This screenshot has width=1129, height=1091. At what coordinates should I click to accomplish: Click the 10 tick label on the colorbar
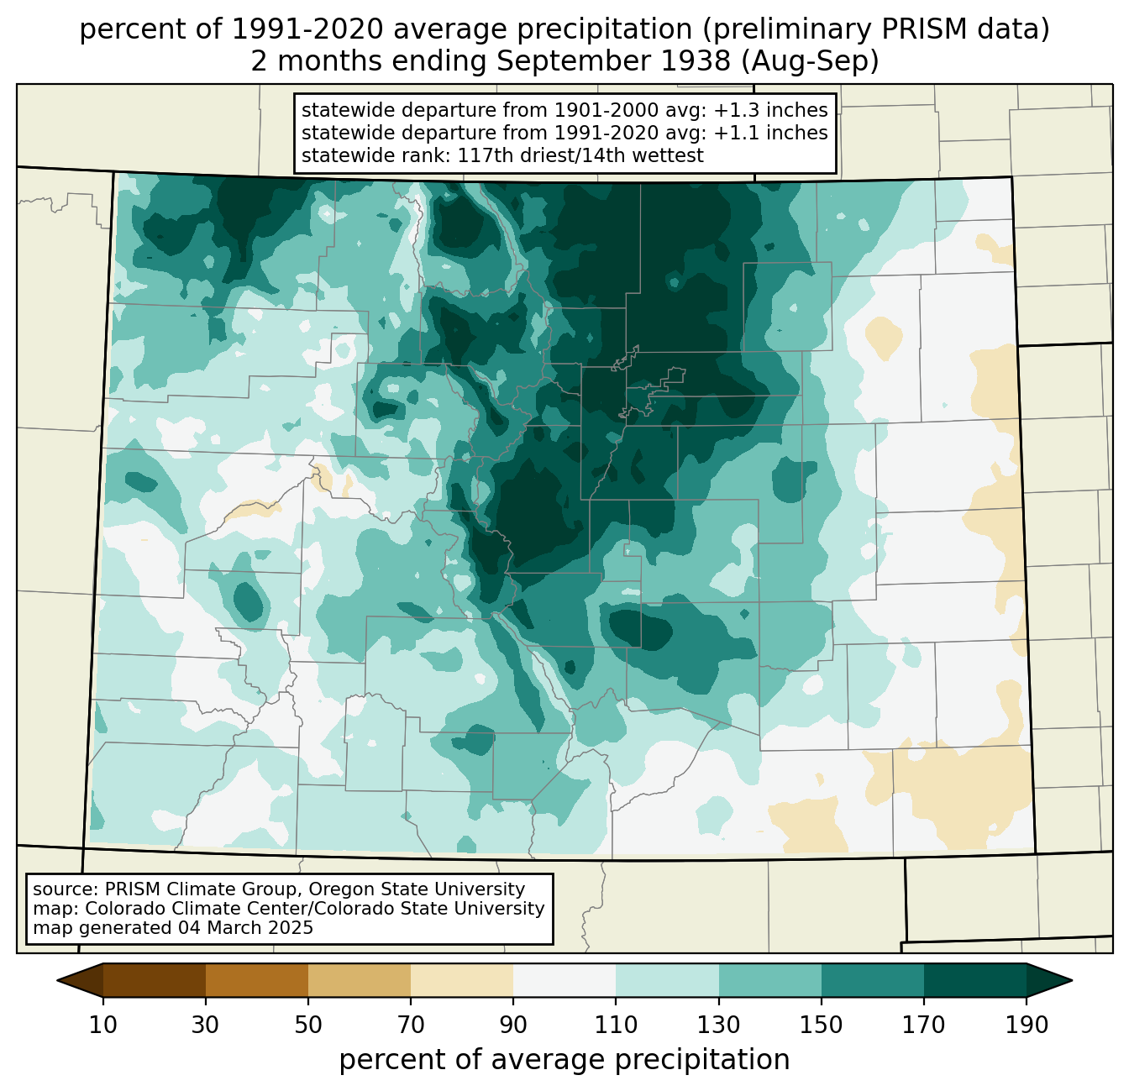pos(102,1025)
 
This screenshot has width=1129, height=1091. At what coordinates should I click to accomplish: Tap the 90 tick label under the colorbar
pos(513,1025)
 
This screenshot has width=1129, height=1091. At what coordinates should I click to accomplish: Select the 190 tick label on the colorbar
pos(1027,1025)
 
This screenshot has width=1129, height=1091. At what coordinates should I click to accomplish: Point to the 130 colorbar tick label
pos(718,1025)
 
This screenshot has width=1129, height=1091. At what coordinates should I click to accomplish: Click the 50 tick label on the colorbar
pos(308,1025)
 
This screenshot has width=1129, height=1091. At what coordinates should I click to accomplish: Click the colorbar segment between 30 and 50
pos(256,980)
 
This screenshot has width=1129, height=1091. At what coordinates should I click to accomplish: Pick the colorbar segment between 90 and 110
pos(564,980)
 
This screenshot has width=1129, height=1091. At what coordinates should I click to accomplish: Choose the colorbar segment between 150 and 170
pos(873,980)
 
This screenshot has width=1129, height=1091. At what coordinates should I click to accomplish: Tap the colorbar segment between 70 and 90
pos(462,980)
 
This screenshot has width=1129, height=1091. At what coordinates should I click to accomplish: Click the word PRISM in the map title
pos(911,29)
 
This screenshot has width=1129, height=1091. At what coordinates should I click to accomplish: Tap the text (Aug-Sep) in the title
pos(810,61)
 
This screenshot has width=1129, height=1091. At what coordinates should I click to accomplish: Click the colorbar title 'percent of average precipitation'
pos(564,1059)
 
